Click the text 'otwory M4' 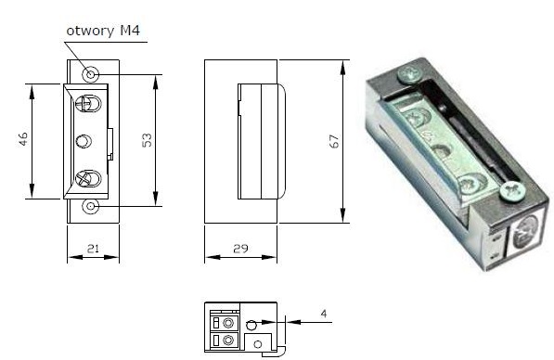[103, 32]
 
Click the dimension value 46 [23, 139]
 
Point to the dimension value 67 [334, 141]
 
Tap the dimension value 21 [93, 249]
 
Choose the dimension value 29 [240, 249]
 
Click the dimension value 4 [324, 314]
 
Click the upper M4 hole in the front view [90, 74]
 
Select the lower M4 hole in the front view [90, 206]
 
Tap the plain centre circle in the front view [84, 141]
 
